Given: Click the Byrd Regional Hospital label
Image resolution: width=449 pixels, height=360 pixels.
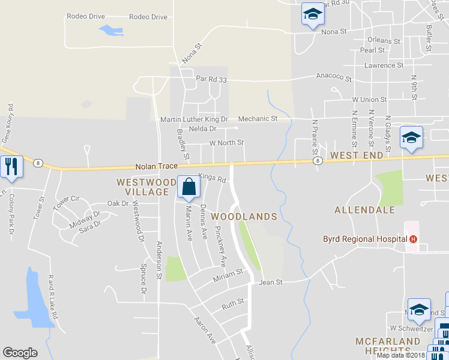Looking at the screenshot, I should point(366,239).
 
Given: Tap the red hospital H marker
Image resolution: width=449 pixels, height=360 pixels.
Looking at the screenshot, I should point(413,239).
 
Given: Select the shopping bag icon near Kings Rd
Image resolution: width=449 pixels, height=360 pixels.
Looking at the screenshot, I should point(188,188).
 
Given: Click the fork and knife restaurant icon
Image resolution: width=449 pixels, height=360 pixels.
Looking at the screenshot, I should point(11,165).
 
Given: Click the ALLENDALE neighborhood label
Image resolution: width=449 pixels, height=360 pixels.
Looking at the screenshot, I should point(364,210).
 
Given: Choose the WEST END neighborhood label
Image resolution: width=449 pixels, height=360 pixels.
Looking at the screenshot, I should point(357,155).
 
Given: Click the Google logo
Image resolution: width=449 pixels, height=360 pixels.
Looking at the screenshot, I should point(20,353).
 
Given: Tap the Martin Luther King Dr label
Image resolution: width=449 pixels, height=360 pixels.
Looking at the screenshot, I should point(194,119).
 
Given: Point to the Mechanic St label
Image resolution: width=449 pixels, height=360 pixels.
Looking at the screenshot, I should point(258,119).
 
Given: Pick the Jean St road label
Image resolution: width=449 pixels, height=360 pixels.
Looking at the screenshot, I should point(270,281).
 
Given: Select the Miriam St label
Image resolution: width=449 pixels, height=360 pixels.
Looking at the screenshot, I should point(228,273).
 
